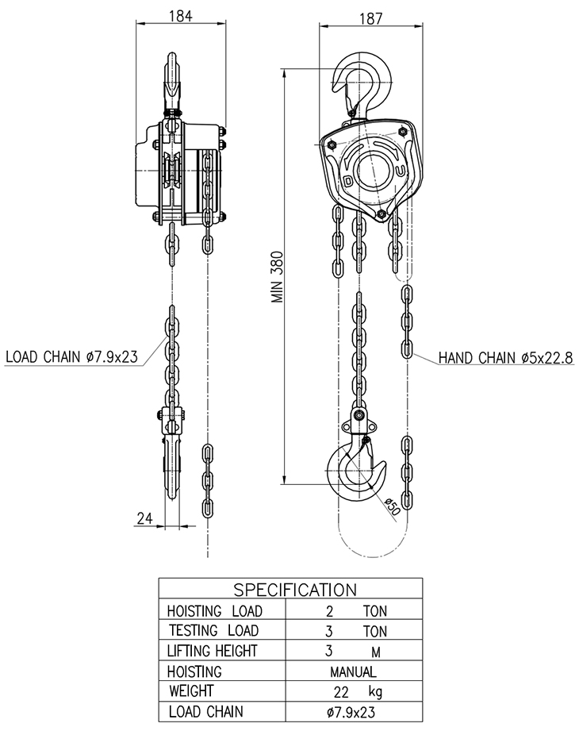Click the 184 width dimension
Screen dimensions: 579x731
coord(180,17)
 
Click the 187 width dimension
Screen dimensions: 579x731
coord(370,18)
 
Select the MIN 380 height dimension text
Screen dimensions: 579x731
coord(278,277)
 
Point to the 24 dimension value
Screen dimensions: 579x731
coord(145,518)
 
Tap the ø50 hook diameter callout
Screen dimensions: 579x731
coord(393,506)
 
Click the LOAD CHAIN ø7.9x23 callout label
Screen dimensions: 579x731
coord(71,356)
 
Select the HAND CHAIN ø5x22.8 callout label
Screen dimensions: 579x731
coord(506,358)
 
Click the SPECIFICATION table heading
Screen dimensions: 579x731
coord(295,590)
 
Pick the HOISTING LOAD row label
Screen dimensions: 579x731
coord(215,610)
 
